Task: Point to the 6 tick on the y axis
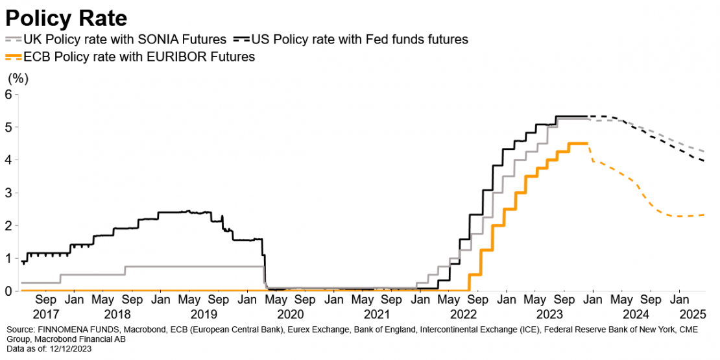point(8,93)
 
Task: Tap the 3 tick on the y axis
point(8,193)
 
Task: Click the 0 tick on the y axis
point(8,291)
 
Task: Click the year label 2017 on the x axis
point(46,314)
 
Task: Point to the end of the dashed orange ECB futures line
point(705,215)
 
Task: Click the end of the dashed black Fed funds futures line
point(705,160)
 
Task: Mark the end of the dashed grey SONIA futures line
point(705,150)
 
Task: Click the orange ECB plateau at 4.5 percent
point(577,143)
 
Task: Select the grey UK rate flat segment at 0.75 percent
point(195,267)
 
